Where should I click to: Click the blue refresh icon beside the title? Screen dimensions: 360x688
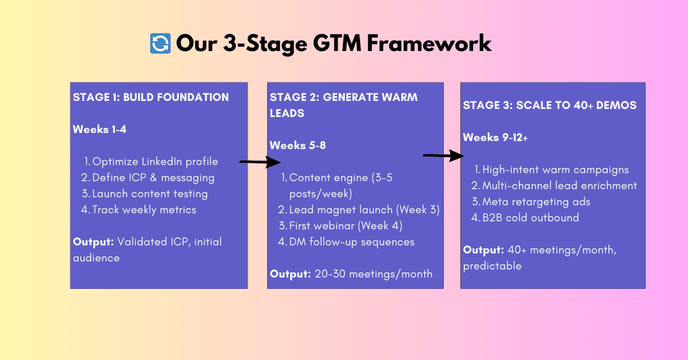pyautogui.click(x=161, y=44)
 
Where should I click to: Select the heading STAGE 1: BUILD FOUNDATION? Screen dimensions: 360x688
pyautogui.click(x=151, y=97)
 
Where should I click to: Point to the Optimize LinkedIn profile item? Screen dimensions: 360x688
pyautogui.click(x=155, y=162)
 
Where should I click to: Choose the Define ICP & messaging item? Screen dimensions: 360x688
pyautogui.click(x=153, y=178)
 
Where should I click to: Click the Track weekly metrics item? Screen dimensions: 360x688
pyautogui.click(x=144, y=210)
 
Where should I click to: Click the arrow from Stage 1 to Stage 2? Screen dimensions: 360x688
pyautogui.click(x=259, y=162)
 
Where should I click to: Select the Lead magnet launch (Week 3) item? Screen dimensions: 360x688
pyautogui.click(x=364, y=210)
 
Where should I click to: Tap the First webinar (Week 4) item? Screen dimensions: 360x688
pyautogui.click(x=346, y=226)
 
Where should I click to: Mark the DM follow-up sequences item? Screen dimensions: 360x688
pyautogui.click(x=351, y=242)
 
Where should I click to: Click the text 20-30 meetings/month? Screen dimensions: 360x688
pyautogui.click(x=373, y=274)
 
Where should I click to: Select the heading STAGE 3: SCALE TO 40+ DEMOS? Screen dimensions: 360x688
pyautogui.click(x=550, y=105)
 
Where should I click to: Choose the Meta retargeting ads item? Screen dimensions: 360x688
pyautogui.click(x=536, y=202)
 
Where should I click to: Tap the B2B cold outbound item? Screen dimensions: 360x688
pyautogui.click(x=530, y=218)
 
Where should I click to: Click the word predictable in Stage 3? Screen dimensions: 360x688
pyautogui.click(x=492, y=266)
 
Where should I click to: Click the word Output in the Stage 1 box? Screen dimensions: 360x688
pyautogui.click(x=92, y=242)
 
